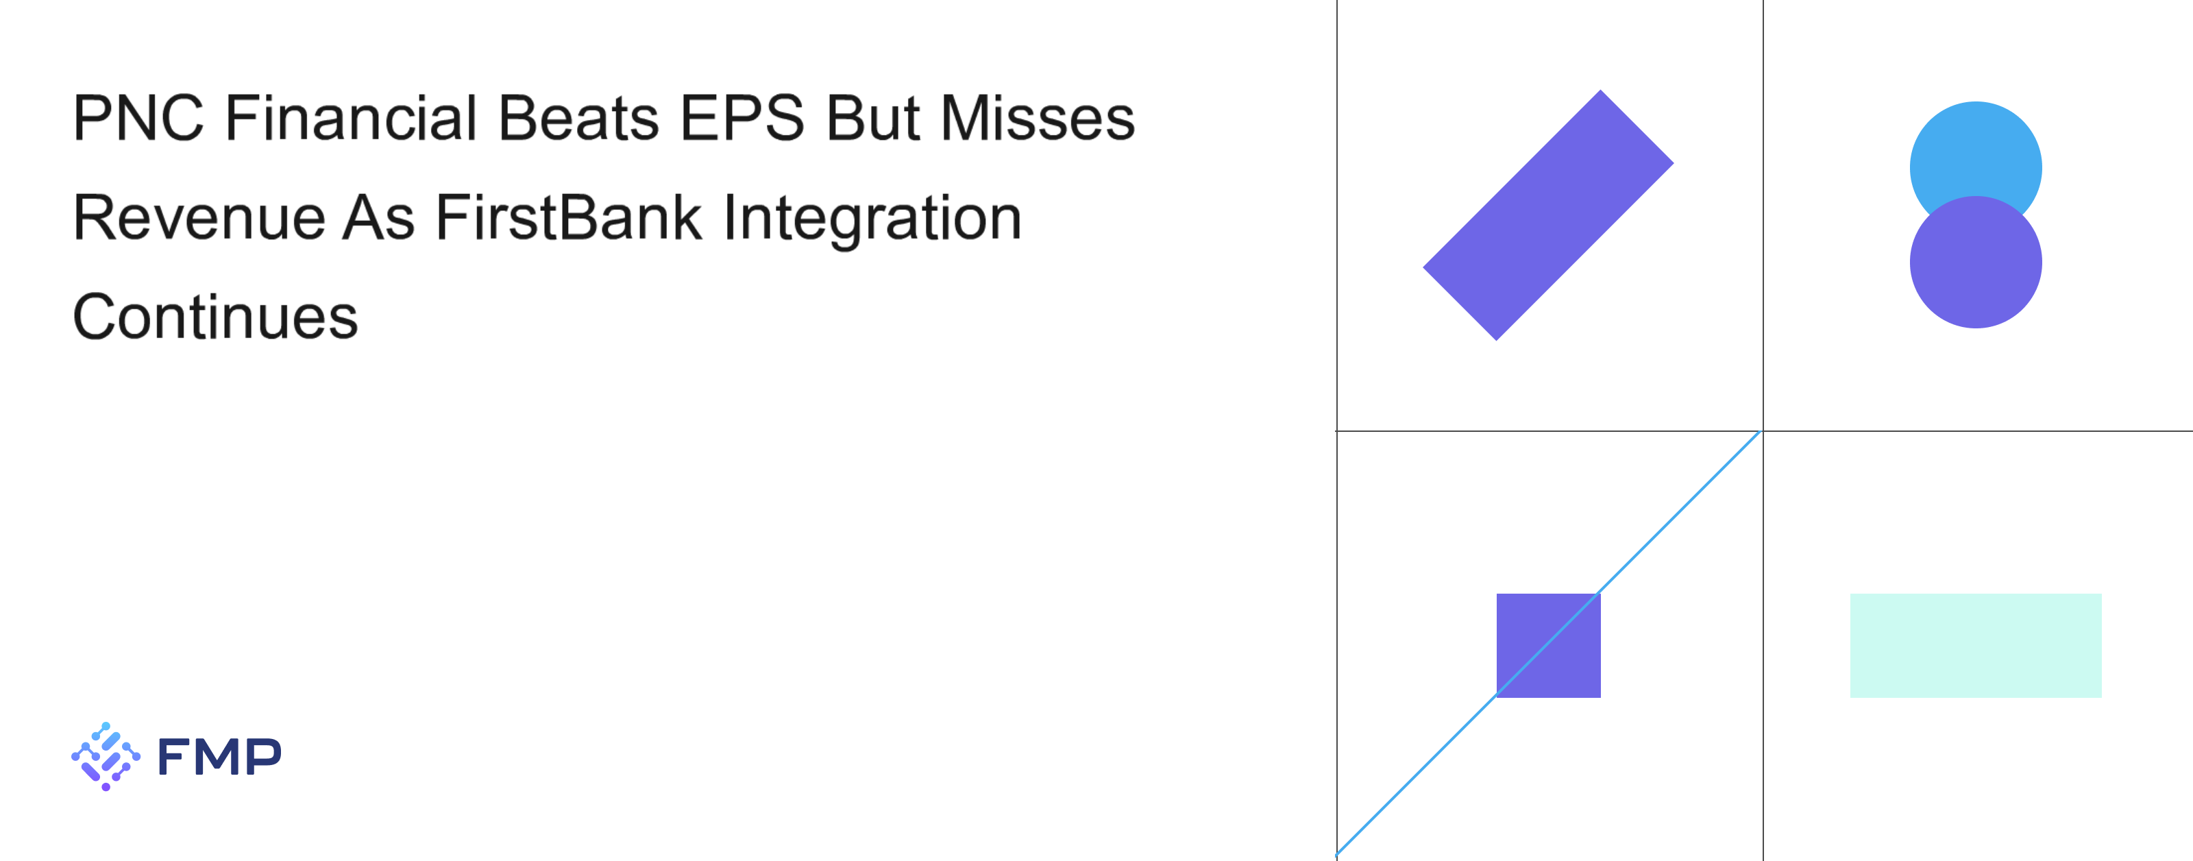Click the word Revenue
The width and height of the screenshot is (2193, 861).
pyautogui.click(x=199, y=217)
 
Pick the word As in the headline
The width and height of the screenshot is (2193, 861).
pyautogui.click(x=379, y=217)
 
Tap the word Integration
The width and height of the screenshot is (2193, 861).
pyautogui.click(x=872, y=220)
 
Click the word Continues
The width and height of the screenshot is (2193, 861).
pyautogui.click(x=215, y=317)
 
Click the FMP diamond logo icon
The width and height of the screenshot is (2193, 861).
pyautogui.click(x=106, y=756)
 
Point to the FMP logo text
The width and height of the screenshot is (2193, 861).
pyautogui.click(x=219, y=756)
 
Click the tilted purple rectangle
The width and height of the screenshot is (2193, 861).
pyautogui.click(x=1547, y=215)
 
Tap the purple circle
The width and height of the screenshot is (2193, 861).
pyautogui.click(x=1975, y=263)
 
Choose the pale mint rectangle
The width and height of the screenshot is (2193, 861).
pyautogui.click(x=1975, y=646)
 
